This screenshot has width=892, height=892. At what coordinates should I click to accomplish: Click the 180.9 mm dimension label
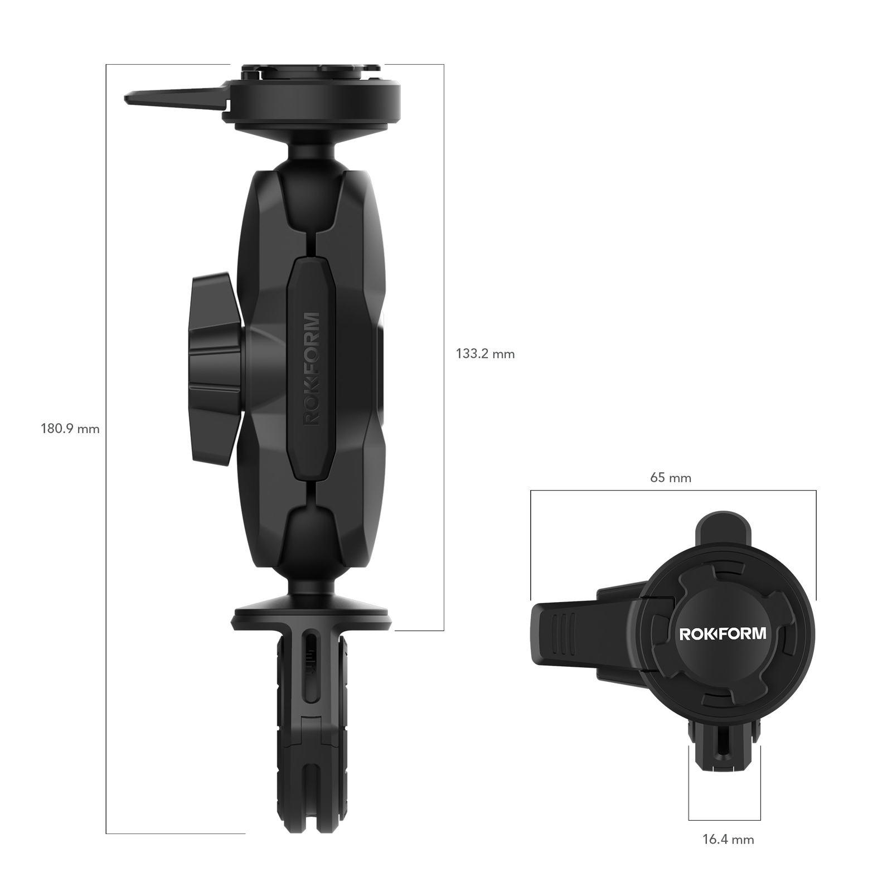click(70, 429)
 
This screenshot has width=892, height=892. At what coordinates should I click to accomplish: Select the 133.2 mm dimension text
click(485, 353)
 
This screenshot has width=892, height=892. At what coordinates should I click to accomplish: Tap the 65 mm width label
click(670, 478)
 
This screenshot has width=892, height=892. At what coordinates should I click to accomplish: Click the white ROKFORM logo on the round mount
click(722, 634)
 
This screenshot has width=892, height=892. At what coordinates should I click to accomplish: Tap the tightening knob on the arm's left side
click(215, 368)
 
